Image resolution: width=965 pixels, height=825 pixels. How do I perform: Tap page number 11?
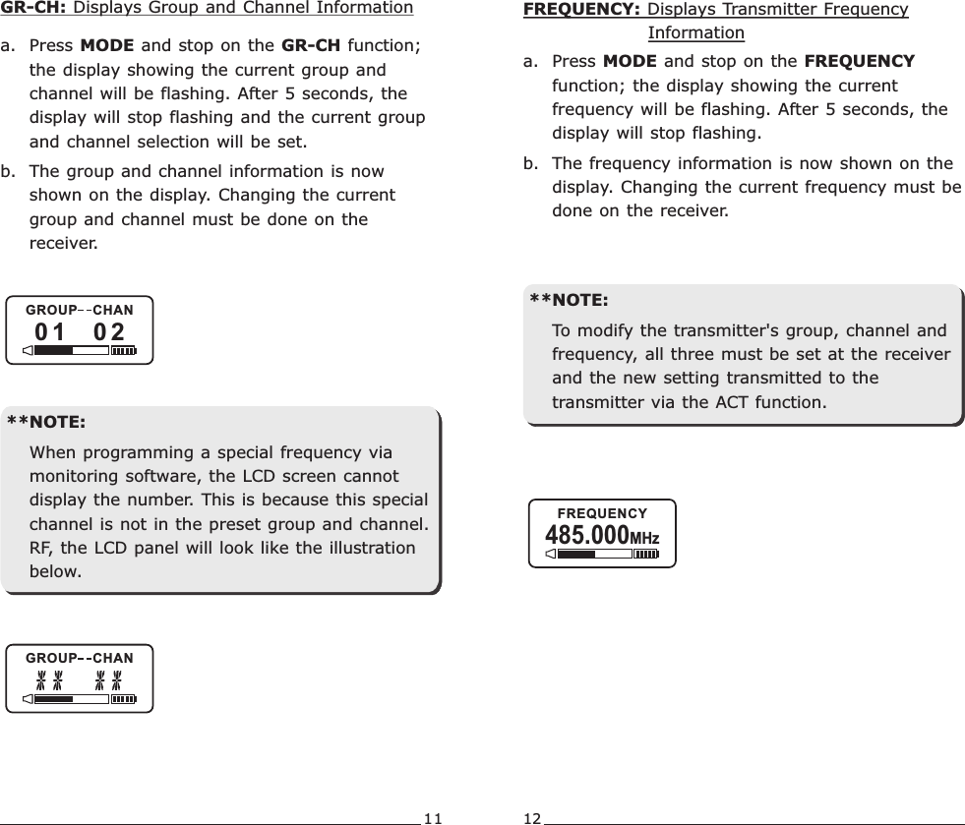click(x=433, y=817)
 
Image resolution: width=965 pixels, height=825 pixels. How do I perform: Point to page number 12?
click(x=532, y=817)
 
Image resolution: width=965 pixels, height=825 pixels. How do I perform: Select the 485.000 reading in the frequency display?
click(x=586, y=536)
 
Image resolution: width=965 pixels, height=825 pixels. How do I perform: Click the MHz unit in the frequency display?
click(x=644, y=539)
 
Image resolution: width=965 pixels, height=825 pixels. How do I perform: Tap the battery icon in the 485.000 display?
click(x=645, y=555)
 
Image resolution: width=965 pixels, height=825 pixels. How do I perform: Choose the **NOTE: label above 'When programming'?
click(x=46, y=423)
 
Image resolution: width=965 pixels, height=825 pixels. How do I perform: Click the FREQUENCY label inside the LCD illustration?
click(x=602, y=513)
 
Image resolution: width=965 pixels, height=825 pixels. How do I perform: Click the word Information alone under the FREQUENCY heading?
click(x=695, y=33)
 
